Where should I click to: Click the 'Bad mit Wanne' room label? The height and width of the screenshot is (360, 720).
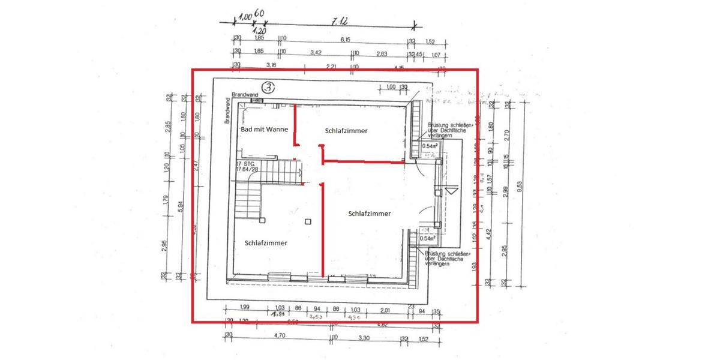tap(265, 129)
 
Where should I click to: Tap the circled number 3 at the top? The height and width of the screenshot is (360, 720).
tap(268, 88)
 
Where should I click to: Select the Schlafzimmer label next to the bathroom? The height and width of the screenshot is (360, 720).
tap(346, 130)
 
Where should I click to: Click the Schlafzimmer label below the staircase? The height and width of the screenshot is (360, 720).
tap(266, 242)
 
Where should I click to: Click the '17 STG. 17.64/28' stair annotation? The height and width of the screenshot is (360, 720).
tap(247, 166)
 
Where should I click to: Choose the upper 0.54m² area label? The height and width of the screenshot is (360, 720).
tap(429, 146)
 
